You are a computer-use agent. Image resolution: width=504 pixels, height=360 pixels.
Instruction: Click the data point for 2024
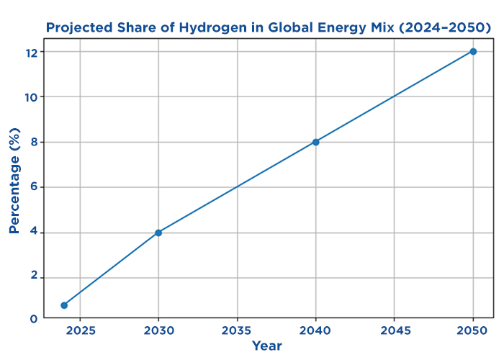pos(64,305)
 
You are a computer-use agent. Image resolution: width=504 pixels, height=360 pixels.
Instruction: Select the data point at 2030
pos(158,233)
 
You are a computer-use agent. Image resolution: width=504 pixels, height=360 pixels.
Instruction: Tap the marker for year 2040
pos(315,142)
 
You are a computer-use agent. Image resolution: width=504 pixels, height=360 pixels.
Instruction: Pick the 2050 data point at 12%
pos(473,51)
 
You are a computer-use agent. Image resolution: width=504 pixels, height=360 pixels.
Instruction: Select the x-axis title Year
pos(267,346)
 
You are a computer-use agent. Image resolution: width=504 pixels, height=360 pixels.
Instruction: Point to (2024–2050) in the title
pos(445,28)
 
